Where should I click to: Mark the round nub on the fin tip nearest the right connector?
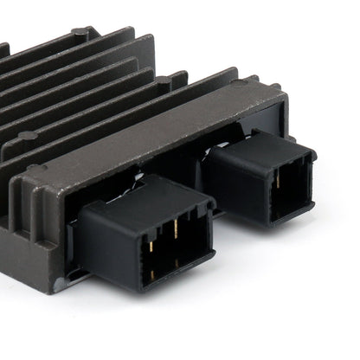pos(162,80)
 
